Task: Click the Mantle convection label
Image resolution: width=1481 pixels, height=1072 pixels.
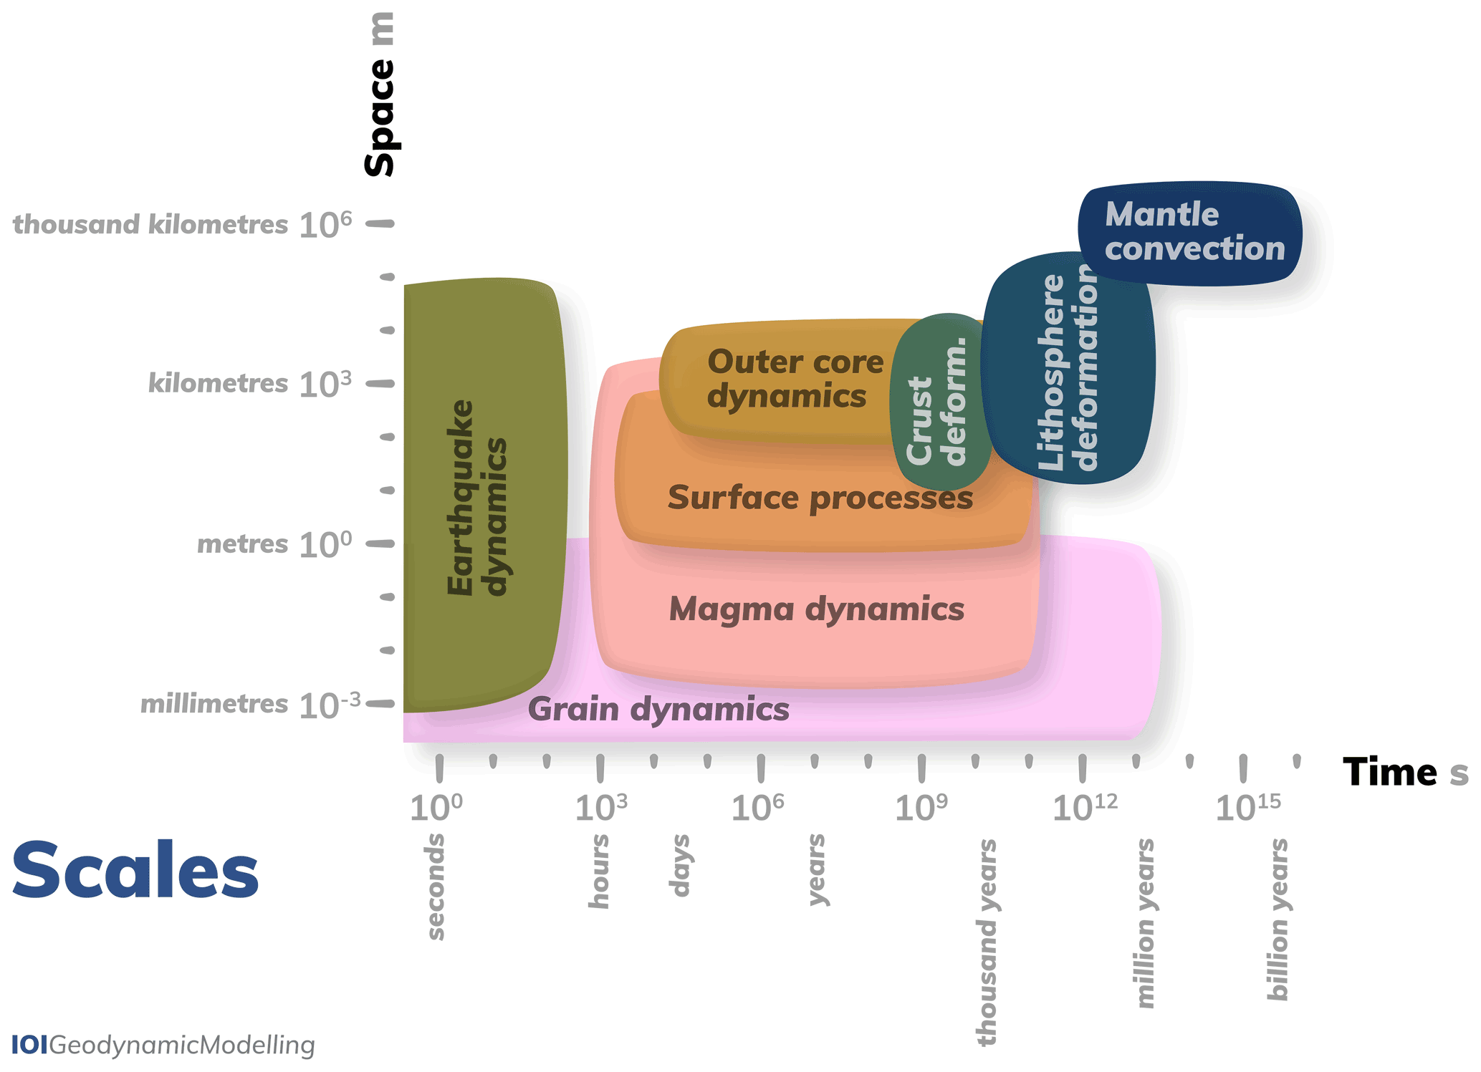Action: [1194, 231]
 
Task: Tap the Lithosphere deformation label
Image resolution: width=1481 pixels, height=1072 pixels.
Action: [1067, 372]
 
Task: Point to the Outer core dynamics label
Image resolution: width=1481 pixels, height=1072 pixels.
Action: [795, 379]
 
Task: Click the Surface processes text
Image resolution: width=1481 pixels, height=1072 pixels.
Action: [820, 498]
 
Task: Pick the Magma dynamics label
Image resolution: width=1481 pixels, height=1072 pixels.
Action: [816, 609]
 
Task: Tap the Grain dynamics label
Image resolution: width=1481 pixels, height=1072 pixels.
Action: [658, 710]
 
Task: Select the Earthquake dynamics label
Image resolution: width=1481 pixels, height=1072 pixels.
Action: [476, 498]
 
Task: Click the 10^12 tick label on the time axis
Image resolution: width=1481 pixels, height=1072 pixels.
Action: [1084, 808]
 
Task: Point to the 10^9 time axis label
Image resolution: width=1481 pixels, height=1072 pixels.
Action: [921, 808]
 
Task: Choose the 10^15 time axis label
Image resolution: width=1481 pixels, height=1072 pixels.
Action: [1247, 808]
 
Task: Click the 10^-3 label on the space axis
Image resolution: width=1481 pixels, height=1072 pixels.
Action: [329, 705]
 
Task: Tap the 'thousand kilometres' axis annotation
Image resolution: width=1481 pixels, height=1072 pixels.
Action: [150, 225]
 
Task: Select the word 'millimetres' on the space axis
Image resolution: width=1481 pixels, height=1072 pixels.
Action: [214, 705]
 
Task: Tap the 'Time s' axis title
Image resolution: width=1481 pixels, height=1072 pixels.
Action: [1405, 773]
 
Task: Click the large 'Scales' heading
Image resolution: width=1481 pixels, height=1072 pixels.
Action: [135, 870]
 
